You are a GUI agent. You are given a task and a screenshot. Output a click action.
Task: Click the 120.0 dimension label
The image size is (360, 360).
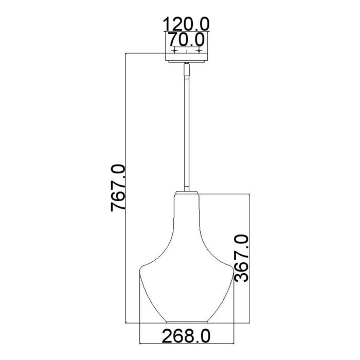[187, 24]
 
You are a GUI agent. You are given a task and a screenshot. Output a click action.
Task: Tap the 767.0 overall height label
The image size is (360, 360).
[119, 188]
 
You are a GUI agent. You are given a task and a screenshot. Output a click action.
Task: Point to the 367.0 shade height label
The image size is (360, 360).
[241, 258]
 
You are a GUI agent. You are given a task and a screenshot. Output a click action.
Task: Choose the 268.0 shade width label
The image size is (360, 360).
[187, 337]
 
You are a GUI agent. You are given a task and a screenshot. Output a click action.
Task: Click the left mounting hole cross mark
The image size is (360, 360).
[175, 51]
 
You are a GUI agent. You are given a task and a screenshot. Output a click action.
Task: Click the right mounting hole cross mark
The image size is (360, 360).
[199, 51]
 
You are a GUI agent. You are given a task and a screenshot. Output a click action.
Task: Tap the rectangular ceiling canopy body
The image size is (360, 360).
[187, 57]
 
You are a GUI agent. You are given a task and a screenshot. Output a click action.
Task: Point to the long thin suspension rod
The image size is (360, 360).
[187, 129]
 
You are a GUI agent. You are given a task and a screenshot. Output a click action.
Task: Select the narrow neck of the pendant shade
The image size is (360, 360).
[187, 216]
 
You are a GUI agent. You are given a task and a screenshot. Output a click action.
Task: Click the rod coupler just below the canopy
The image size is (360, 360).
[187, 67]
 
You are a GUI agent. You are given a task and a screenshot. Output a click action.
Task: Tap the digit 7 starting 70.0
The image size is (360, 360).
[171, 39]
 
